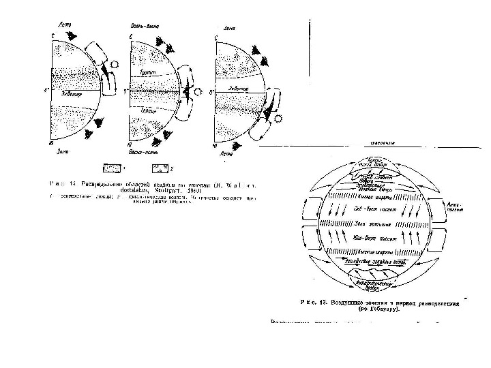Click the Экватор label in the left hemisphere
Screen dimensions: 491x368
tap(70, 94)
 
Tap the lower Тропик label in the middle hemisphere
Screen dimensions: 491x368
tap(149, 110)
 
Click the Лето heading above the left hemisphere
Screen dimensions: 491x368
tap(65, 25)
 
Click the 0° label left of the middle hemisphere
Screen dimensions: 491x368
tap(126, 91)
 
